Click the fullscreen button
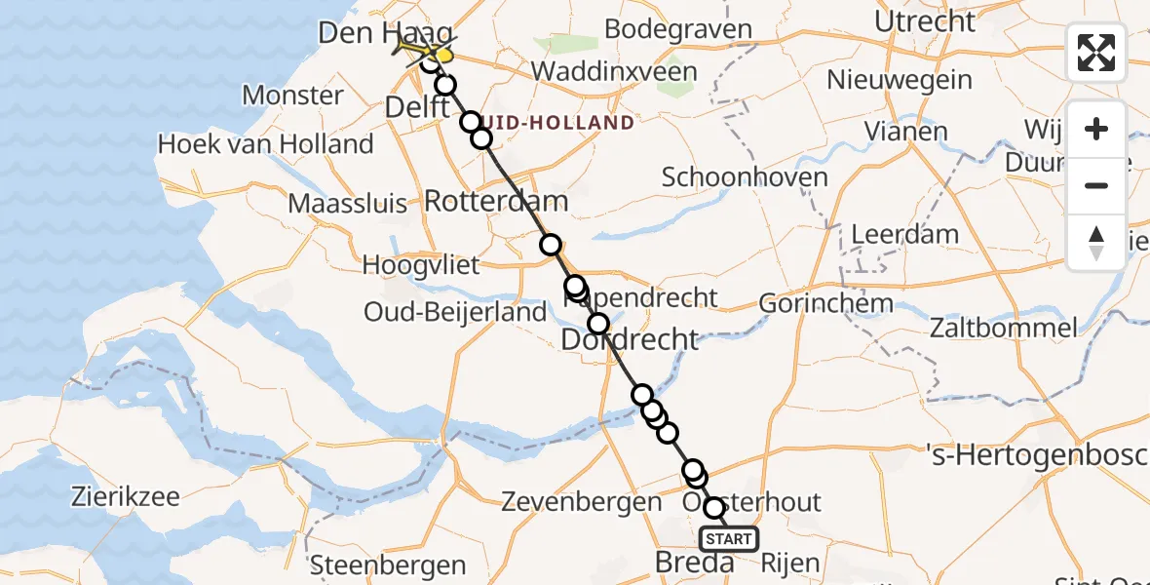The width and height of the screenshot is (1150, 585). click(1096, 53)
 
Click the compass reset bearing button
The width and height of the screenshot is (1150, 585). click(1096, 241)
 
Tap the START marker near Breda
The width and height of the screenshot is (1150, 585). click(728, 539)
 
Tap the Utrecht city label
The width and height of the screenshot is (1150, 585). click(924, 21)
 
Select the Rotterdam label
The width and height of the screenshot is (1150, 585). click(496, 203)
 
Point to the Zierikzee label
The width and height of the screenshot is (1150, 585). click(125, 496)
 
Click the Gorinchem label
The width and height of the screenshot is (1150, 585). click(824, 303)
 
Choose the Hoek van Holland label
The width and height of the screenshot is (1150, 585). click(265, 144)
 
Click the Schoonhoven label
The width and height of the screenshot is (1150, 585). click(745, 177)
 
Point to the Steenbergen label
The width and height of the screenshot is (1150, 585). click(374, 565)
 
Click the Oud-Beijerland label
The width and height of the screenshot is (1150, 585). click(454, 312)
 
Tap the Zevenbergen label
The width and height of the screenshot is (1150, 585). click(581, 502)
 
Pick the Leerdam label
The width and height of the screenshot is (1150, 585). click(904, 234)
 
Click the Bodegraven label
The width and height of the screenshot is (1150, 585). click(678, 29)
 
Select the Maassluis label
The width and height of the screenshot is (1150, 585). click(347, 206)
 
